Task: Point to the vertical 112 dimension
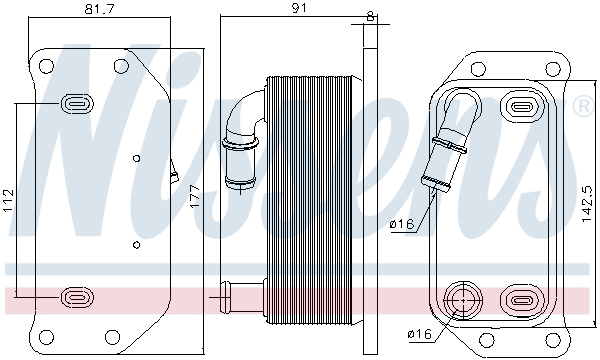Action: pyautogui.click(x=9, y=200)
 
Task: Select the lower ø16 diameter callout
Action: pyautogui.click(x=421, y=333)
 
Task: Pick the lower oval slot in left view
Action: pyautogui.click(x=77, y=296)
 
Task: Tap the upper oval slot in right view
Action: pyautogui.click(x=521, y=106)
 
